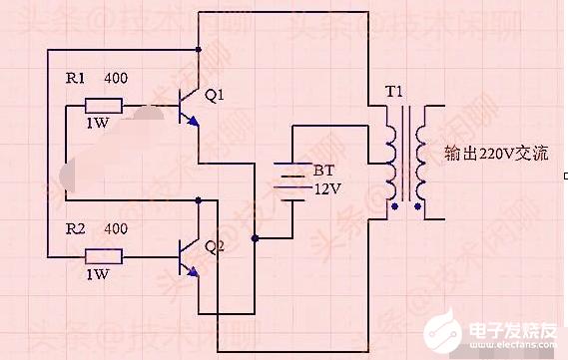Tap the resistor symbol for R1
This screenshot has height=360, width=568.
click(103, 106)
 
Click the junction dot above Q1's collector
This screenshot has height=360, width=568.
click(200, 49)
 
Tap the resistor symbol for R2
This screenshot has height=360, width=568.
click(103, 256)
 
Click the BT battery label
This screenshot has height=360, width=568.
click(323, 171)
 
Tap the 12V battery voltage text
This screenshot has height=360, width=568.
click(327, 188)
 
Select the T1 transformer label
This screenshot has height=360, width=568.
click(394, 93)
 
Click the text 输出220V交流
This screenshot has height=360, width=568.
click(495, 155)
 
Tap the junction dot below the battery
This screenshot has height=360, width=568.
click(257, 238)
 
